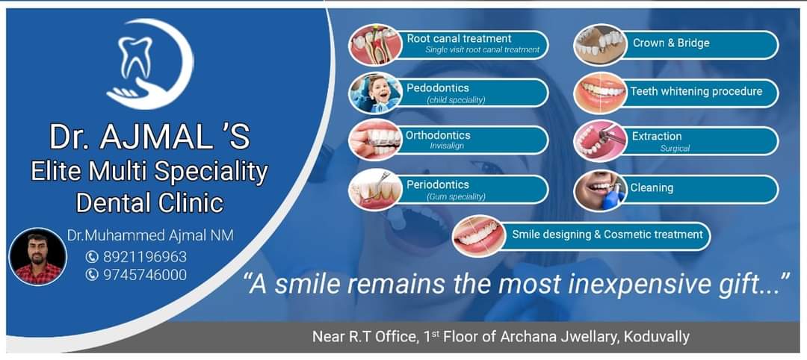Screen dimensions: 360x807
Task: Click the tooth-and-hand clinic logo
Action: (x=148, y=66)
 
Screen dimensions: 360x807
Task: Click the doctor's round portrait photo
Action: (x=37, y=257)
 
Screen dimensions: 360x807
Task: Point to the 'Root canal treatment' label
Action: (x=459, y=38)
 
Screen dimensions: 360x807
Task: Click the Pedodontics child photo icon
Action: (x=375, y=93)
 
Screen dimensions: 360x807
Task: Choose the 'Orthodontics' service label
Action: (x=438, y=135)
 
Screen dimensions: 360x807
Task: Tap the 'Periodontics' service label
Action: (x=438, y=184)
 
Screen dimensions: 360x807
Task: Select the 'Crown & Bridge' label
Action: (x=671, y=43)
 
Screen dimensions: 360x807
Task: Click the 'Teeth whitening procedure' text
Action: (x=696, y=92)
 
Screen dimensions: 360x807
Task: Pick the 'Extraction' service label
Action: (x=657, y=136)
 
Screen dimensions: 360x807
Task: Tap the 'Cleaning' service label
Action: (x=652, y=188)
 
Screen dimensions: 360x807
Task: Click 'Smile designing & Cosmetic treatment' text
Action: (x=607, y=235)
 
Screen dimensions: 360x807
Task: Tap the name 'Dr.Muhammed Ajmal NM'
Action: (x=150, y=235)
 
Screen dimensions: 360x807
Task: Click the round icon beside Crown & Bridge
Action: (x=599, y=44)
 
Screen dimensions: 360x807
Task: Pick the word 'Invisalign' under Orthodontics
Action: (x=447, y=146)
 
